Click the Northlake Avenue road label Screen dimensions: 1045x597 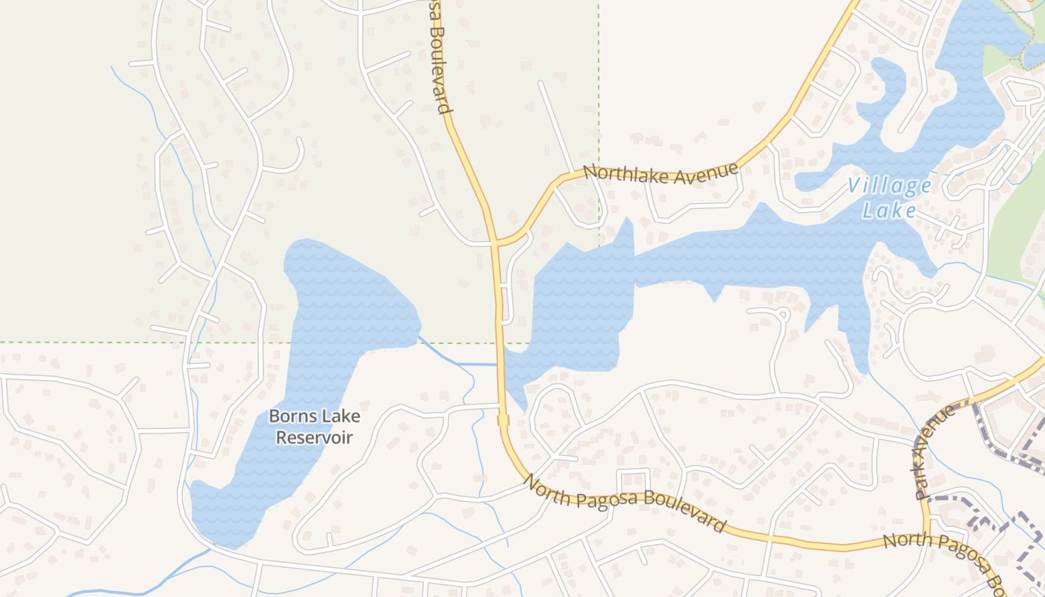[660, 173]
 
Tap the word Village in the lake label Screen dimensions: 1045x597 [890, 187]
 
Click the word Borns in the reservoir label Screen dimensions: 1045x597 [293, 416]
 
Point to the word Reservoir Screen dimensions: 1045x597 [313, 437]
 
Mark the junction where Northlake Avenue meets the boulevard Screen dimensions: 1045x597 [494, 243]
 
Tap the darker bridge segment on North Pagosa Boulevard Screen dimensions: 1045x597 [503, 421]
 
